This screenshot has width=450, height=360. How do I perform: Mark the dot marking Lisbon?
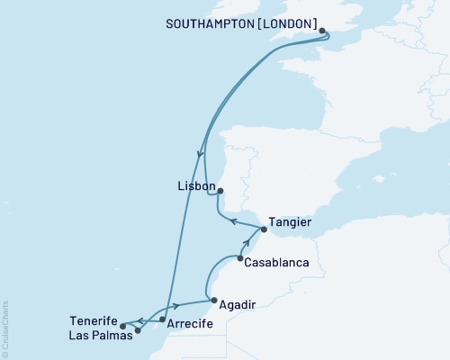(x=220, y=190)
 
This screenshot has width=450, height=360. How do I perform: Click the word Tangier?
(x=291, y=221)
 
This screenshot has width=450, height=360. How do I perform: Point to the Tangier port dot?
(x=264, y=229)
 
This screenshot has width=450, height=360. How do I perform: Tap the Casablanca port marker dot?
(x=239, y=259)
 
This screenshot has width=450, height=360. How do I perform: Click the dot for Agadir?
(x=211, y=301)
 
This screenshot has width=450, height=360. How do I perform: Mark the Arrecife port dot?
(x=162, y=319)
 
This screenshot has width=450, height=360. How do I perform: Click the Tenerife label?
(x=94, y=319)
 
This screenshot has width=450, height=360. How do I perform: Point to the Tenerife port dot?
(x=122, y=326)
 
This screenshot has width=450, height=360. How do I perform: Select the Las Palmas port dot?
(x=138, y=330)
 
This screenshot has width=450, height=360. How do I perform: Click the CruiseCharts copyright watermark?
(x=5, y=328)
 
